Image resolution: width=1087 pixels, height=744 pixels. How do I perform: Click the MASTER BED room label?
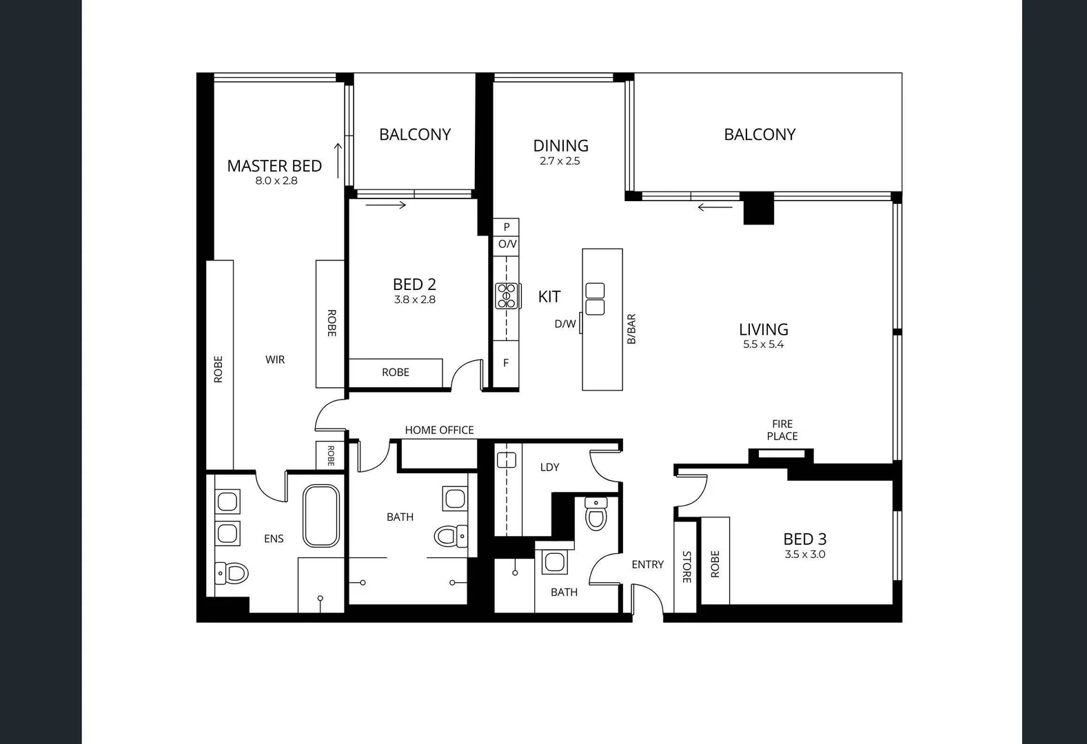click(274, 166)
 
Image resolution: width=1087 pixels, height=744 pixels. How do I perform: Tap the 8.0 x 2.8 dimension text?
click(276, 181)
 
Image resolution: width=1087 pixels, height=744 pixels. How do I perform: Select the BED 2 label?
click(414, 284)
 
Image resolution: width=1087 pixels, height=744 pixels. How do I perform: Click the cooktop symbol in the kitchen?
click(507, 296)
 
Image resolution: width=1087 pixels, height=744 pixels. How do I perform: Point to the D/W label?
click(565, 324)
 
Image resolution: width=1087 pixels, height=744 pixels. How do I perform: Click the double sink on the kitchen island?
click(595, 299)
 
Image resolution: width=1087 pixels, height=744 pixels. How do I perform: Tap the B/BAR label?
click(631, 329)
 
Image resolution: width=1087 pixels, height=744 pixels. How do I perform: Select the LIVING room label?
click(763, 329)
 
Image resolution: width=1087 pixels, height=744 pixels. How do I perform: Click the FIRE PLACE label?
click(782, 430)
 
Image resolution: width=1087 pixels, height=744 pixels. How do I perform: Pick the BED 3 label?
click(804, 539)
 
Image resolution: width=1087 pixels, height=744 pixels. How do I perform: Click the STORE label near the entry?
click(687, 567)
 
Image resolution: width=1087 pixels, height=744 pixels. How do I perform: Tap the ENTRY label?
click(647, 564)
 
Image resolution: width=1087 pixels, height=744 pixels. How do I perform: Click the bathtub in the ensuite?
click(321, 515)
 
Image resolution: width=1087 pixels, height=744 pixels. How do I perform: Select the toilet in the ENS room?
click(232, 572)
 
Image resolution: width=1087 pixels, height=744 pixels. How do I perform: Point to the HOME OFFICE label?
click(439, 430)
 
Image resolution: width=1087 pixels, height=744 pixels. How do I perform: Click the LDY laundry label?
click(549, 467)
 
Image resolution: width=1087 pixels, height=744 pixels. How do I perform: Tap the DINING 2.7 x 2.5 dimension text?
click(560, 161)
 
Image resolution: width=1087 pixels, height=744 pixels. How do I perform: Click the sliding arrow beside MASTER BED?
click(338, 160)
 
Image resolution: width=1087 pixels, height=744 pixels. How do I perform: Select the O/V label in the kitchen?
click(507, 244)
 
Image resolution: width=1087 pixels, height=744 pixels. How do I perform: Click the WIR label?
click(275, 360)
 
